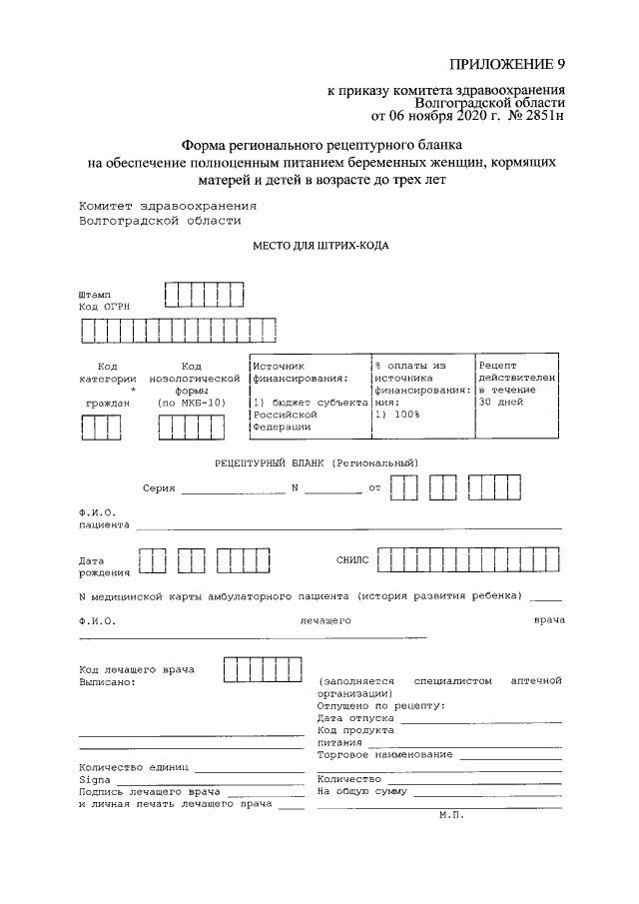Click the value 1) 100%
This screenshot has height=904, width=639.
397,414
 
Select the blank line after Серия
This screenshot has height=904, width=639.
233,492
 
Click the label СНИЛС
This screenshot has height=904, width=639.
352,560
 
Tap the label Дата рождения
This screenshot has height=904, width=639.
104,566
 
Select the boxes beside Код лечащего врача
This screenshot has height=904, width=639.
263,669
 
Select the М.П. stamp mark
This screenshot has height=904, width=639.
452,815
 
